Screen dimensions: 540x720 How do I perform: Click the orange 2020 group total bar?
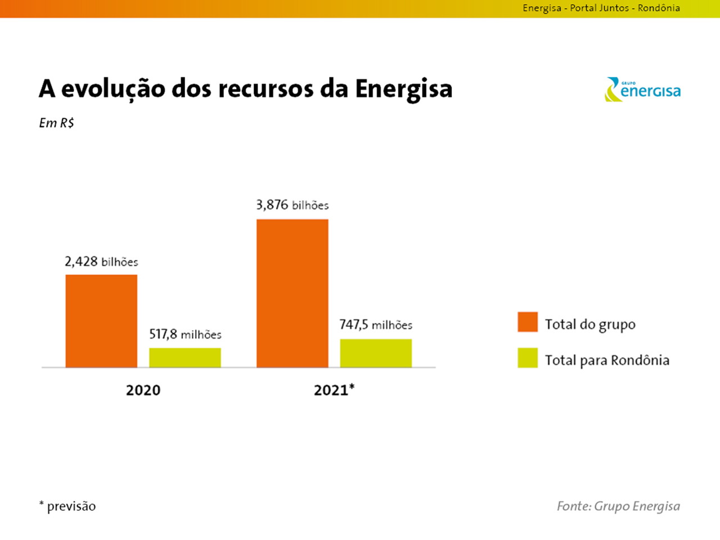point(101,321)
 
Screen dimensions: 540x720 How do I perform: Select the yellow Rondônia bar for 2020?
point(184,358)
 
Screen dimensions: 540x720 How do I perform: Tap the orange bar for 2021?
point(292,293)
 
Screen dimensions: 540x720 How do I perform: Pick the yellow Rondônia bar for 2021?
point(376,353)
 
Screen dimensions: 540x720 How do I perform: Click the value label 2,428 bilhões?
point(101,262)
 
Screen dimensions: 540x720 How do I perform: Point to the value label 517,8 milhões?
point(185,334)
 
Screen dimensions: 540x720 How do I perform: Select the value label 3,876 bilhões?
point(292,205)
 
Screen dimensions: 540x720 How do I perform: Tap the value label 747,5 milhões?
point(376,325)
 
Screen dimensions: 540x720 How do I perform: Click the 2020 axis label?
point(143,390)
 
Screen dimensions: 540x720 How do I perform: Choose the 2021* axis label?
point(334,389)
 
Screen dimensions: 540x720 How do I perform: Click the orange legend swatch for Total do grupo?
point(528,322)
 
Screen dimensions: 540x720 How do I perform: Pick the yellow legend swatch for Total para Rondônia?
point(528,358)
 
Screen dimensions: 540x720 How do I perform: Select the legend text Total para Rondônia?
point(607,360)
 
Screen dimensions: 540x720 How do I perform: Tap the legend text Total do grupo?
point(590,325)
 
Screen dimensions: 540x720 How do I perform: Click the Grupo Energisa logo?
point(642,90)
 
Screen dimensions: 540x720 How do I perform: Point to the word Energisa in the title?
point(403,89)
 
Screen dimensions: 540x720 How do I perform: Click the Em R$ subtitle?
point(56,123)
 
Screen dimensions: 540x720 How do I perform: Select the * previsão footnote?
point(67,506)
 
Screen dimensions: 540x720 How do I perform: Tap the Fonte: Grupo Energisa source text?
point(618,506)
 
